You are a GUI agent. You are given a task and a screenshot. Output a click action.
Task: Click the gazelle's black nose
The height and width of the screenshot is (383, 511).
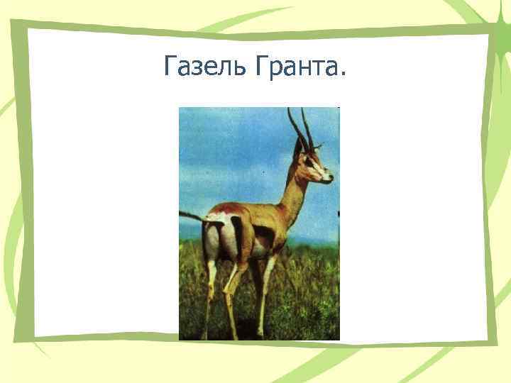[x=330, y=178]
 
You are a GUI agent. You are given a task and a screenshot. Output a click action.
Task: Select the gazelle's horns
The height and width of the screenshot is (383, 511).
[x=300, y=128]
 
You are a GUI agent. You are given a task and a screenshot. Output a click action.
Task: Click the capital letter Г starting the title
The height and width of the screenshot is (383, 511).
[x=170, y=68]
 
